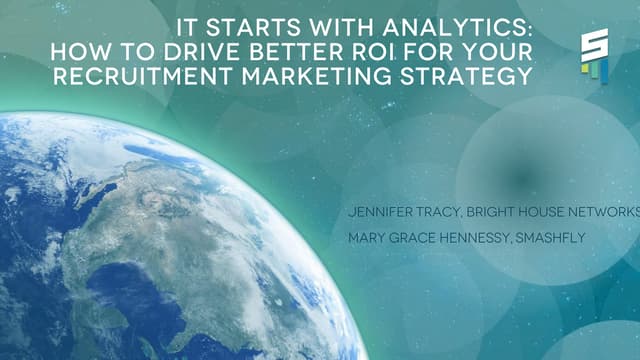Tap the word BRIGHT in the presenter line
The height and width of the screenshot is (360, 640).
501,213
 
